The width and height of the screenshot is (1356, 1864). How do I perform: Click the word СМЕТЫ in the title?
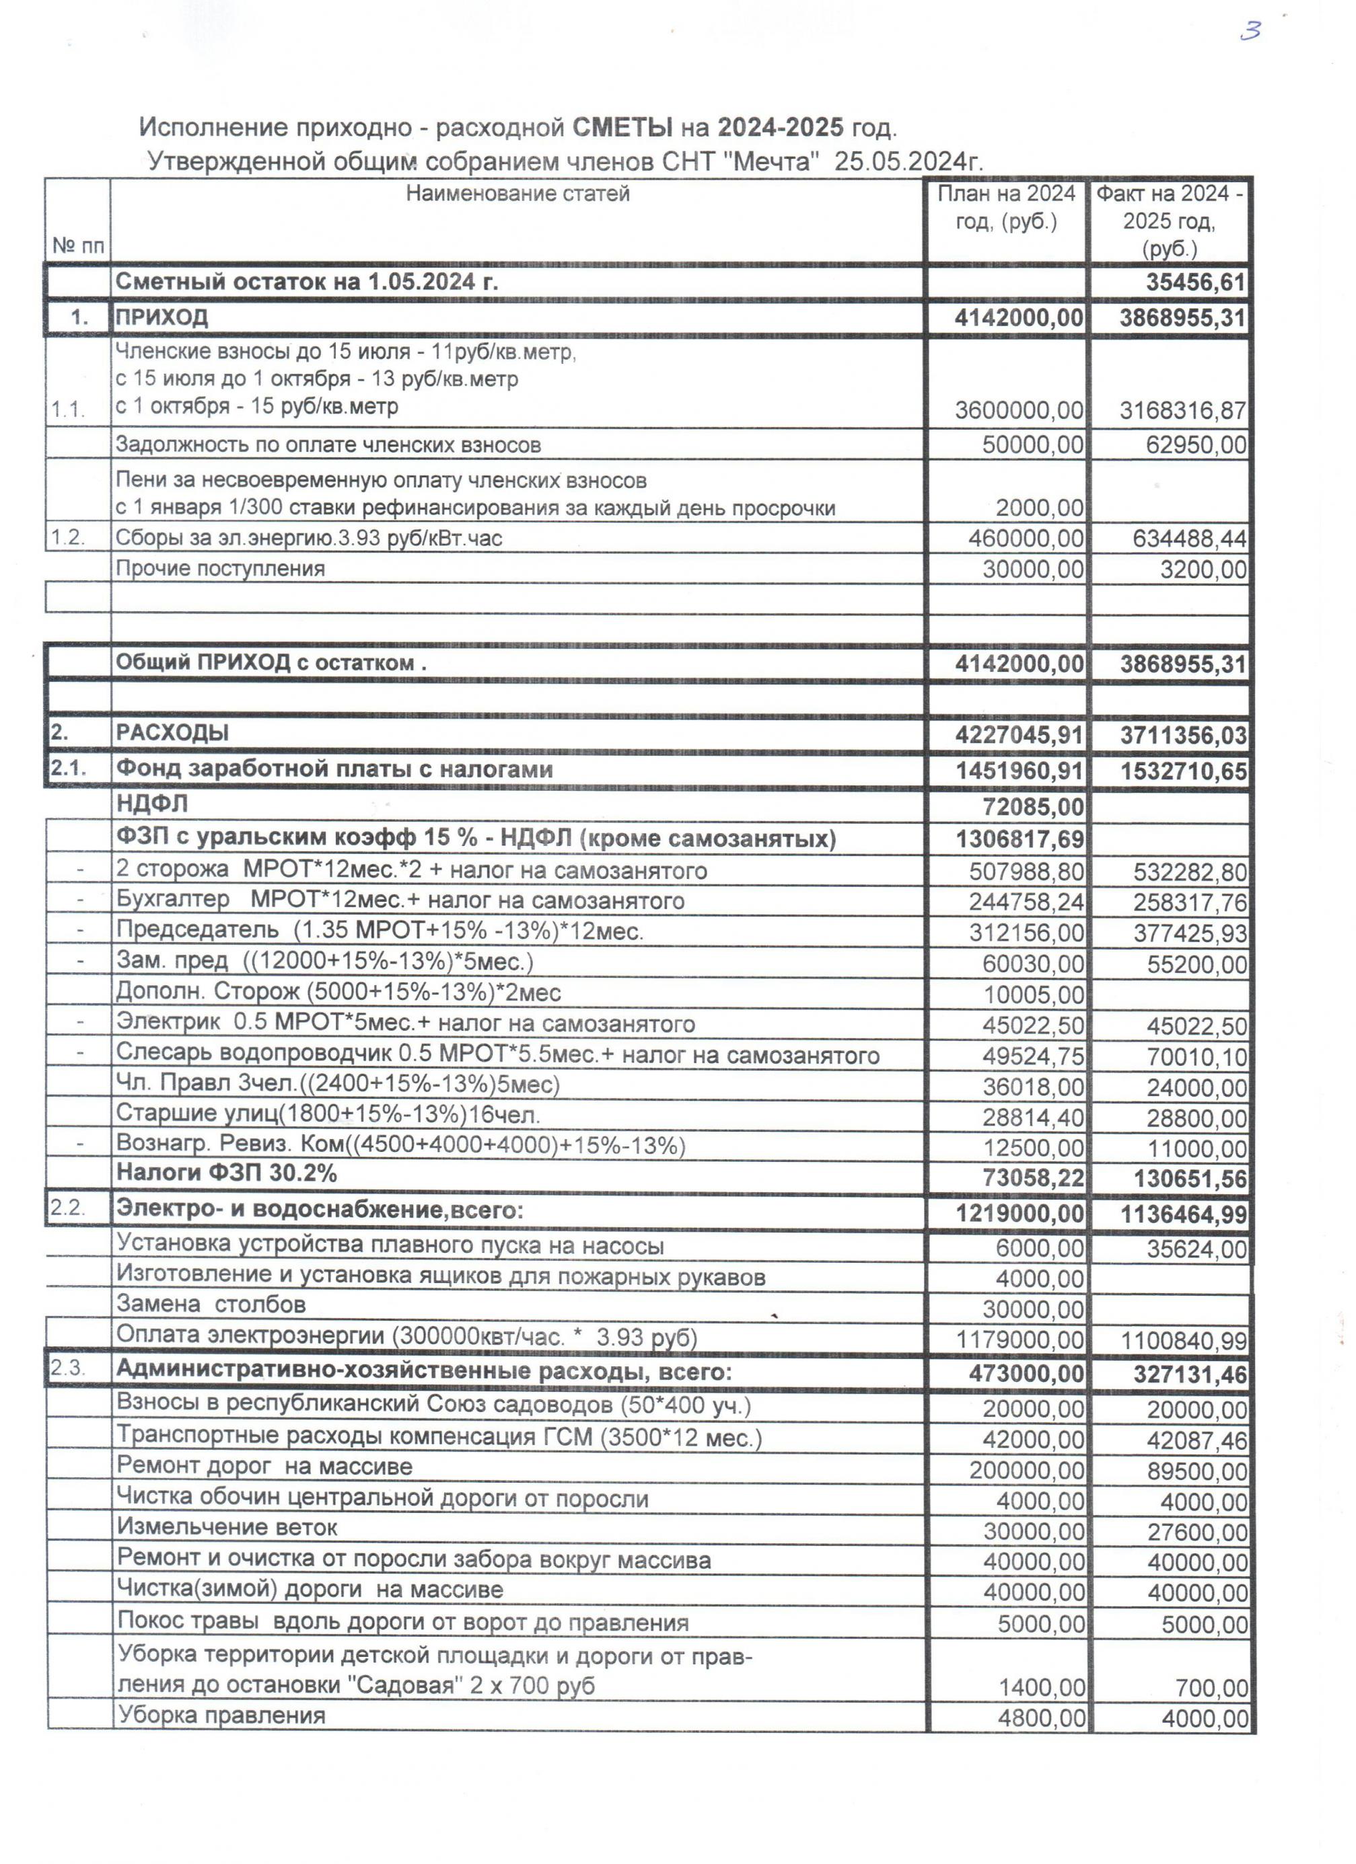pos(621,127)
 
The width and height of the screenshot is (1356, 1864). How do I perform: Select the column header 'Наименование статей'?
pos(518,194)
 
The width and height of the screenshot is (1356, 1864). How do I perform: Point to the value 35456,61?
pos(1196,282)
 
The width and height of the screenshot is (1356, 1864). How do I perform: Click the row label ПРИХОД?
pos(162,318)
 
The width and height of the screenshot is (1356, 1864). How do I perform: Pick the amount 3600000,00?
pos(1018,410)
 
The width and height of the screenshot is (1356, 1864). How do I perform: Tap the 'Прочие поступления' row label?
pos(219,569)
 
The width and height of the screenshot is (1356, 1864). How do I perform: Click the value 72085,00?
pos(1033,807)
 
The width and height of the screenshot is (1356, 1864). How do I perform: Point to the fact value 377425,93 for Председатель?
pos(1189,933)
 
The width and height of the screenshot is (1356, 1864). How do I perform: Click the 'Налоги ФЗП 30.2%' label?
pos(226,1173)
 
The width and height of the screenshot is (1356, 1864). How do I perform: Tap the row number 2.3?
pos(68,1368)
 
